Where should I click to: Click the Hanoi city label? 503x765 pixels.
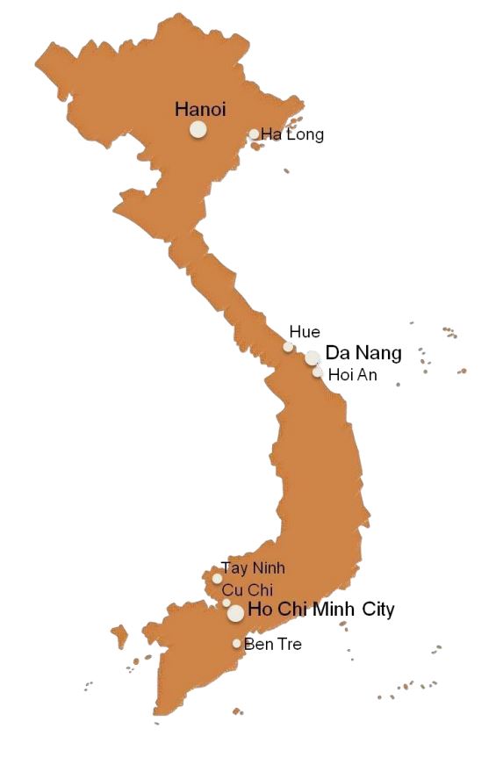[x=200, y=110]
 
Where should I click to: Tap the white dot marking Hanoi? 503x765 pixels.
[x=198, y=130]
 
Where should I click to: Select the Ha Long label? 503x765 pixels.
[x=292, y=134]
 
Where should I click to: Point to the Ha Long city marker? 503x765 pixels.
[x=254, y=134]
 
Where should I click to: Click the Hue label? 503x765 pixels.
[x=305, y=332]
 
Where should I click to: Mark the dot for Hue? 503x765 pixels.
[x=288, y=347]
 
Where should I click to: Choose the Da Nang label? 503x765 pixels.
[x=363, y=353]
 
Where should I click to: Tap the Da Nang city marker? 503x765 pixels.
[x=313, y=357]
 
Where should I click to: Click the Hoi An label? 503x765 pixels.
[x=351, y=374]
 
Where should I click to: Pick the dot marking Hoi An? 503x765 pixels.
[x=318, y=372]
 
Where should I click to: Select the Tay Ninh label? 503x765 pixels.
[x=253, y=568]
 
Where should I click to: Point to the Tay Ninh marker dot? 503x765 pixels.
[x=217, y=579]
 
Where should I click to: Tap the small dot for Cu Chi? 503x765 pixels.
[x=226, y=603]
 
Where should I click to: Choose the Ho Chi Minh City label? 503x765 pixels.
[x=321, y=609]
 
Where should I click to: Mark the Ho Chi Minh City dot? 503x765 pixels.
[x=235, y=613]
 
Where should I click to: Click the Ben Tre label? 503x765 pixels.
[x=273, y=645]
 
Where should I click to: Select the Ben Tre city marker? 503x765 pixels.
[x=236, y=644]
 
